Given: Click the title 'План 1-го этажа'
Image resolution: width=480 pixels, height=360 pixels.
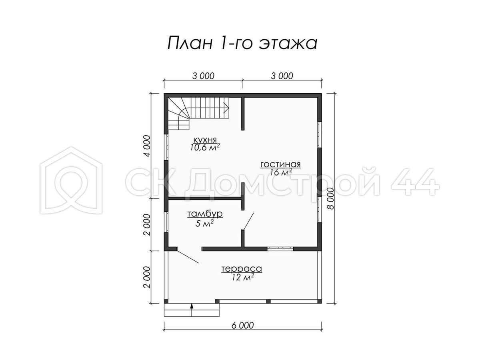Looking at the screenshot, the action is point(242,43).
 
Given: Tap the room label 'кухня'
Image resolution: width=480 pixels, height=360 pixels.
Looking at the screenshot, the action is point(205,140).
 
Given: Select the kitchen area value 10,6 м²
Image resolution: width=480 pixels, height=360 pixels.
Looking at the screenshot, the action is point(205,147).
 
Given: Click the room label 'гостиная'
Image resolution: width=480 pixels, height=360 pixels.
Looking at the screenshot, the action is point(280,164).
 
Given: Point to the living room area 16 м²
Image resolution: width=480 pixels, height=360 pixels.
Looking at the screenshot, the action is point(281,172).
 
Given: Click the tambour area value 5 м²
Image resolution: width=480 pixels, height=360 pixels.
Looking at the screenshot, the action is point(205,223).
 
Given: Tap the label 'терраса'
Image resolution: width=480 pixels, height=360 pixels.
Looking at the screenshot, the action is point(242,269).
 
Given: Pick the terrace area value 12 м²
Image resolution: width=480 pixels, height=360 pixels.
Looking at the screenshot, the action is point(242,277).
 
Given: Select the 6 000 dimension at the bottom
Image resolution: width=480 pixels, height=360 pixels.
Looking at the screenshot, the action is point(242,332).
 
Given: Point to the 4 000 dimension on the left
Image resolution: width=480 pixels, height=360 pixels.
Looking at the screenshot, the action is point(147,146).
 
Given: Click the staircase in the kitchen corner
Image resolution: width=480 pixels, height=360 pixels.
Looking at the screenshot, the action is point(198,114).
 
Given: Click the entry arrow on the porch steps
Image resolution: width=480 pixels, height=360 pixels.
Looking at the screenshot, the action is point(192,310).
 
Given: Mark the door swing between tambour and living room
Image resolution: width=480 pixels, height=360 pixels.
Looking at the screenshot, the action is point(248,221).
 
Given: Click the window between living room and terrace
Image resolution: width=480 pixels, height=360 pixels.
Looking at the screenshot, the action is point(280,248).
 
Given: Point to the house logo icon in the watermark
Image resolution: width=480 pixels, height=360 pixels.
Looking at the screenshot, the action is point(71,180).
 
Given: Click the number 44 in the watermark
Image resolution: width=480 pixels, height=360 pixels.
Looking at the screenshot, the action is point(415,182).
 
